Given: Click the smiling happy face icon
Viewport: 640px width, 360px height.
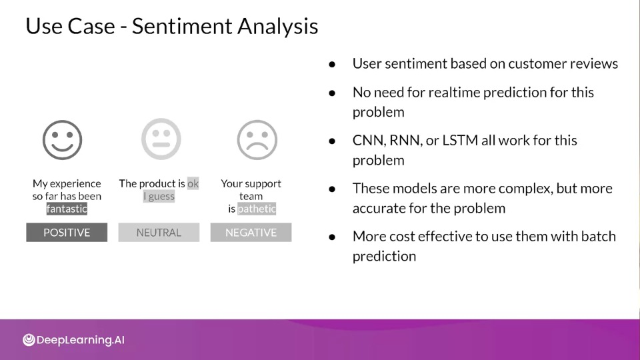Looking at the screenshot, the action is click(63, 140).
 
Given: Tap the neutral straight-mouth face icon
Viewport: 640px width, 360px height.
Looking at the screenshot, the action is click(161, 139).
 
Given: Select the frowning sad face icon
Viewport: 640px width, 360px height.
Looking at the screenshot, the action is click(257, 140).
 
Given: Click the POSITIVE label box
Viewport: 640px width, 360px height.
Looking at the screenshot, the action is click(67, 232).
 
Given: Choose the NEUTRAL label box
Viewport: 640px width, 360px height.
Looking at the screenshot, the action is click(159, 232).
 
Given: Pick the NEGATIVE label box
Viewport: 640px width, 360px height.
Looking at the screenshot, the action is click(251, 232).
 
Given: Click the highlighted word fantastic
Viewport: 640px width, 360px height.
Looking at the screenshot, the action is click(67, 209).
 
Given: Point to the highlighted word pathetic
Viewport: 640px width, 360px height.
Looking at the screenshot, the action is click(257, 209).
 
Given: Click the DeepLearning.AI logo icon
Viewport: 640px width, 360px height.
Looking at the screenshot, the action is click(29, 339).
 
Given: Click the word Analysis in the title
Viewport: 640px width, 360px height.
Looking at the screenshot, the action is click(277, 27).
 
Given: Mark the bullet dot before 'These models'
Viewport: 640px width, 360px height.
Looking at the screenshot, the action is click(332, 189).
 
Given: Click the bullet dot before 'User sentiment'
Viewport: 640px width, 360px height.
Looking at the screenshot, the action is click(332, 64).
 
